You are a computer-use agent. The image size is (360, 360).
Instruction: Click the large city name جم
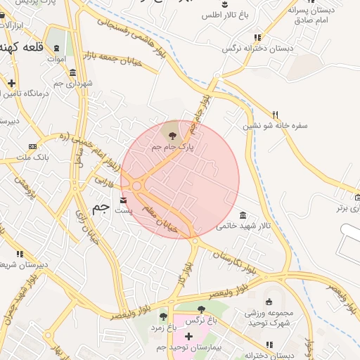tap(101, 209)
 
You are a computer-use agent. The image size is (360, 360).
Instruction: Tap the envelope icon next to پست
tap(124, 200)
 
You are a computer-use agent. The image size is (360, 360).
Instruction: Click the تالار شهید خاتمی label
tap(243, 226)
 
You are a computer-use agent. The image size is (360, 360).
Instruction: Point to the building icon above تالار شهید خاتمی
tap(243, 214)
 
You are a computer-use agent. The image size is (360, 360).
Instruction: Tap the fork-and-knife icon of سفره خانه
tap(276, 114)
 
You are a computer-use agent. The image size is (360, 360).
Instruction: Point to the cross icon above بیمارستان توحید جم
tap(188, 335)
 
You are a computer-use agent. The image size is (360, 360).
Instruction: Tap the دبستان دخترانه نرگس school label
tap(257, 48)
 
